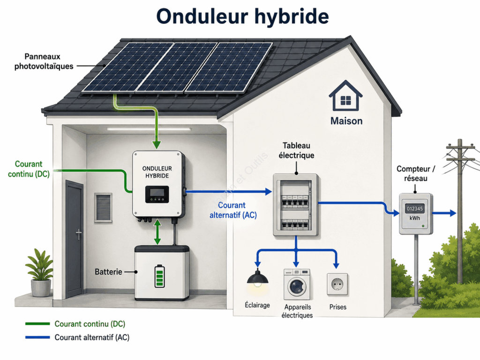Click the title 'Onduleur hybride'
[242, 16]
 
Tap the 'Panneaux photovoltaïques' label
[44, 61]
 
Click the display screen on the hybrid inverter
[157, 194]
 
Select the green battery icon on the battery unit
[159, 276]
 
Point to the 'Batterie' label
[108, 272]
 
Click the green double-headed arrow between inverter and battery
[157, 232]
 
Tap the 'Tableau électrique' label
[296, 150]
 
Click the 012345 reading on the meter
[415, 209]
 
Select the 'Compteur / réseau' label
[415, 173]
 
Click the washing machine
[297, 285]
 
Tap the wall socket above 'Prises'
[337, 285]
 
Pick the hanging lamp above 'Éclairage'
[258, 278]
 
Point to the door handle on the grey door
[79, 234]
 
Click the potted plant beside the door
[40, 273]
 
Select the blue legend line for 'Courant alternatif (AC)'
[37, 337]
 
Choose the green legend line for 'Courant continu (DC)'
[37, 323]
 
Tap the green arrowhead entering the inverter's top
[157, 144]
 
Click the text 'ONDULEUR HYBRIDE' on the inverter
[157, 172]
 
